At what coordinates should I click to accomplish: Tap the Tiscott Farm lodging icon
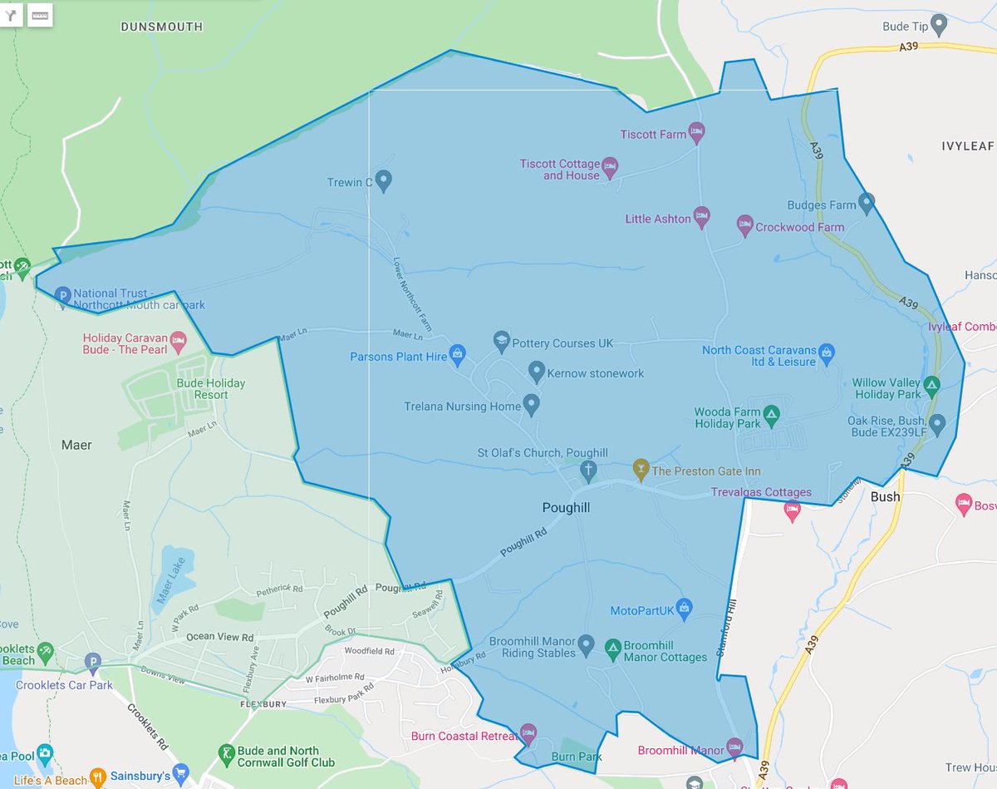pos(697,131)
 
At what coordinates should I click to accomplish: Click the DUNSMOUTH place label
pos(161,27)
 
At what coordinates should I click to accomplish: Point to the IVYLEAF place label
pos(967,145)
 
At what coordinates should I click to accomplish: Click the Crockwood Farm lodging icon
pos(744,224)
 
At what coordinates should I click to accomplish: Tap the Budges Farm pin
pos(867,202)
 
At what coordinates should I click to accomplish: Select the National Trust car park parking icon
pos(62,294)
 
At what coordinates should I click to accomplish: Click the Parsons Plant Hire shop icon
pos(457,354)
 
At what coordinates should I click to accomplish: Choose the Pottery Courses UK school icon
pos(501,340)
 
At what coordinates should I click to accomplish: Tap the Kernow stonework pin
pos(536,371)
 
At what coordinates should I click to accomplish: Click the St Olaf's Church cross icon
pos(588,471)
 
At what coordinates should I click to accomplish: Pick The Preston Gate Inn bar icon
pos(640,469)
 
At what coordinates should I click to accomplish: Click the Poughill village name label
pos(566,507)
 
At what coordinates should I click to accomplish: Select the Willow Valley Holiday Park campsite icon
pos(932,386)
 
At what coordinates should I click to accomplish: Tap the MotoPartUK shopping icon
pos(684,609)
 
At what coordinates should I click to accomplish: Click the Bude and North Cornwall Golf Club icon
pos(223,754)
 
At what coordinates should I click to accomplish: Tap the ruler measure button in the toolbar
pos(40,15)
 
